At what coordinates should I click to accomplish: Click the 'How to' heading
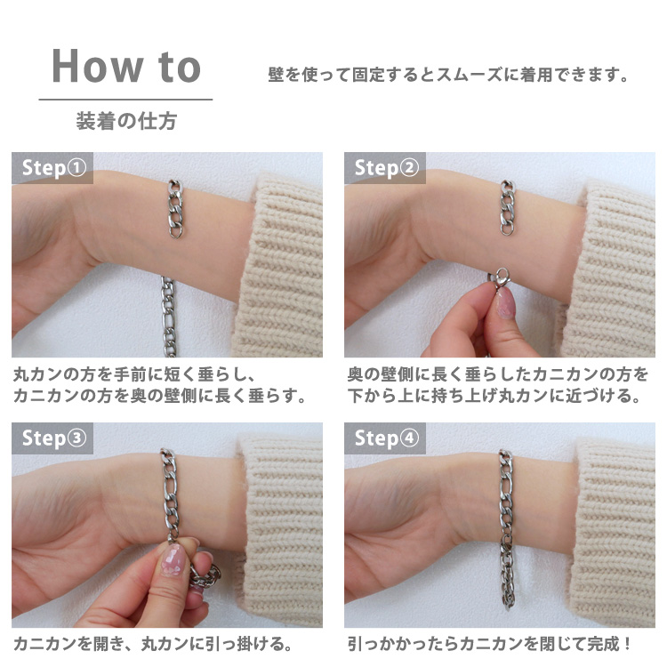pos(126,66)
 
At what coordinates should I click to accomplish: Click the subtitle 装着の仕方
pos(126,121)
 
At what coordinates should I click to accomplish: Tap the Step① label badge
pos(52,168)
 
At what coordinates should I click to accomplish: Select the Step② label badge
pos(385,168)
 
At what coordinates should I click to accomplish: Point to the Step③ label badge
pos(52,438)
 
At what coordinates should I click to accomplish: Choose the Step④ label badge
pos(385,438)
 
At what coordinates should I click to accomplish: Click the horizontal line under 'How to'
pos(126,100)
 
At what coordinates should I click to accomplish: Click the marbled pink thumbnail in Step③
pos(173,560)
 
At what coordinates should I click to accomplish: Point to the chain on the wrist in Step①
pos(175,208)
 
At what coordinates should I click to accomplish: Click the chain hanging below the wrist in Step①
pos(168,317)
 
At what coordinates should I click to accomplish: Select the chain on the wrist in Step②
pos(507,207)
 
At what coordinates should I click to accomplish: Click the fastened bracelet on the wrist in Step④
pos(506,527)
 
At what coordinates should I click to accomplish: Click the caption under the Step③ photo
pos(153,644)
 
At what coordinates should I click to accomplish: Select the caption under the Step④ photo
pos(489,644)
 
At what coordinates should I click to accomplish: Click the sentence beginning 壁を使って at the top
pos(448,75)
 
